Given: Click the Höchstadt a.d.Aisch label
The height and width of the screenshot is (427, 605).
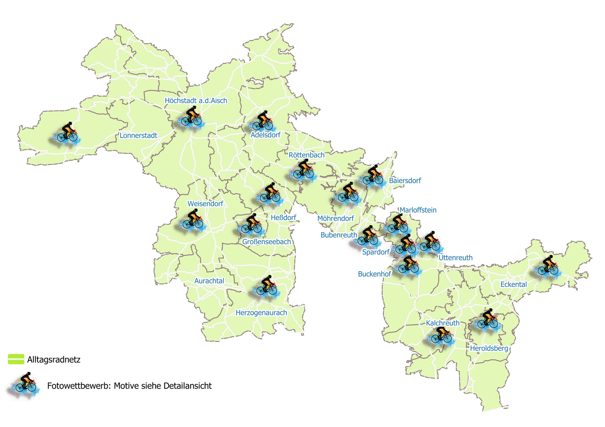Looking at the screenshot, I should coord(196,101).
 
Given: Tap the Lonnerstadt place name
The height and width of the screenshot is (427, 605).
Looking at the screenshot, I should coord(138,136).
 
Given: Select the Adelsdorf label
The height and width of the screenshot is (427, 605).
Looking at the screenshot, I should coord(265,135).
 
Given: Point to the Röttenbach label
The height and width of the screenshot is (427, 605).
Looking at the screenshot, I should coord(306,155).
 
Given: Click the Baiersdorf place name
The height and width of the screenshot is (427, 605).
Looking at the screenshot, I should coord(405,180).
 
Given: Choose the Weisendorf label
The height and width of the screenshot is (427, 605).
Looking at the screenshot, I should coord(205,204).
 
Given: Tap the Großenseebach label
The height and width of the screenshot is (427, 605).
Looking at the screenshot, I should coord(266,242).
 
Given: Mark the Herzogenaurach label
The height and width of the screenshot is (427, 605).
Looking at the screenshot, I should coord(261,313).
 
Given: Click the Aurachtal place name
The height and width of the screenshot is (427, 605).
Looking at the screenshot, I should coord(209,281).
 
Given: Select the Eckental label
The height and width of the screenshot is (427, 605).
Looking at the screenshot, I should coord(513,285).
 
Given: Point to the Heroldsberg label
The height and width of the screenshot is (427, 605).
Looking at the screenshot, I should coord(489,349).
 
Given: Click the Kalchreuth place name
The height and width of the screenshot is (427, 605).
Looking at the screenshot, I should coord(443,323).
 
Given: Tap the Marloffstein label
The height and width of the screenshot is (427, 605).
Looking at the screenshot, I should coord(418,210).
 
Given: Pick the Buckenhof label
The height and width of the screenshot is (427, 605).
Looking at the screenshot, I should coord(374,274).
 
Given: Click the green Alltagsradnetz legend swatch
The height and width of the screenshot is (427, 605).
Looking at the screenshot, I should coord(16,359).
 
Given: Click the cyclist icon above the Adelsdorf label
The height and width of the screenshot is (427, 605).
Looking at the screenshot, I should coord(262,121).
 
